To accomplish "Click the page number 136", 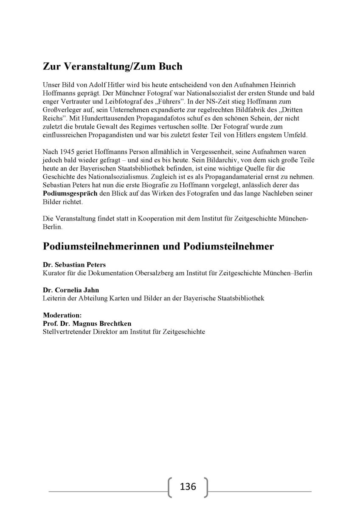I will (188, 486).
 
